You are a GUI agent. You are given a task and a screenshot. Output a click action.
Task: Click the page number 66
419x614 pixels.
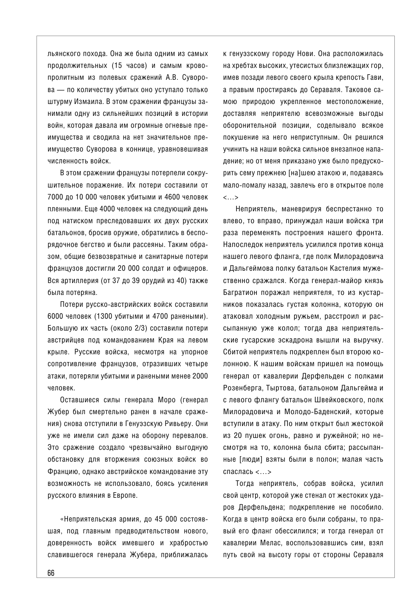(x=51, y=572)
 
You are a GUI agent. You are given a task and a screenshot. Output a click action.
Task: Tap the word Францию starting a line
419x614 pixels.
(x=62, y=471)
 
